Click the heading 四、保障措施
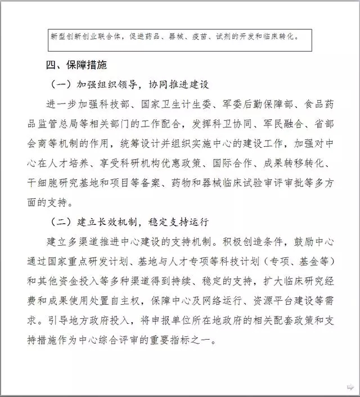tap(76, 65)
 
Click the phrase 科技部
tap(118, 105)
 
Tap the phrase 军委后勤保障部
tap(235, 105)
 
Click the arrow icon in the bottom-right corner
tap(349, 387)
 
